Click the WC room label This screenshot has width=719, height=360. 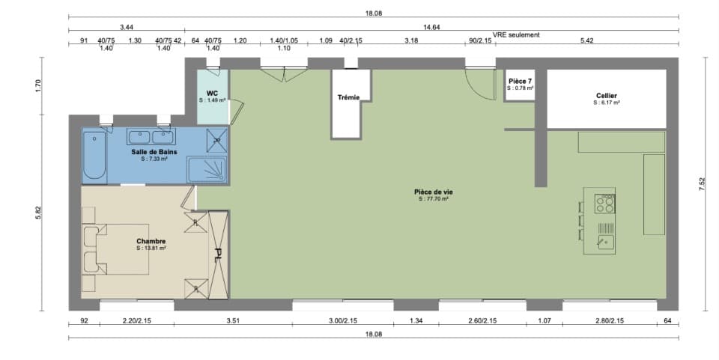pyautogui.click(x=212, y=94)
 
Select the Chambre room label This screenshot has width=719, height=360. pyautogui.click(x=151, y=241)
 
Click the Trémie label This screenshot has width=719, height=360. pyautogui.click(x=348, y=97)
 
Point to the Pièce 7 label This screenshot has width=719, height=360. pyautogui.click(x=520, y=81)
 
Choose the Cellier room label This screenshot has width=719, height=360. pyautogui.click(x=607, y=96)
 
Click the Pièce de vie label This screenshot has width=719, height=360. pyautogui.click(x=433, y=192)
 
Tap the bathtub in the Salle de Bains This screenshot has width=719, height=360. pyautogui.click(x=94, y=156)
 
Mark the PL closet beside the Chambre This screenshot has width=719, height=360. pyautogui.click(x=219, y=254)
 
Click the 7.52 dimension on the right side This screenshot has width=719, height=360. pyautogui.click(x=702, y=184)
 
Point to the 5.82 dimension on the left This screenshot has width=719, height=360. pyautogui.click(x=38, y=213)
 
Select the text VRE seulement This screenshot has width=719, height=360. pyautogui.click(x=516, y=34)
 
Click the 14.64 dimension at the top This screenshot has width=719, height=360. pyautogui.click(x=431, y=27)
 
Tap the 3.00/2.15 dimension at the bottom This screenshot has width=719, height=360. pyautogui.click(x=342, y=321)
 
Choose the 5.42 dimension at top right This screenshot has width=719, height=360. pyautogui.click(x=586, y=41)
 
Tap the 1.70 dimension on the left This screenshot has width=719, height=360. pyautogui.click(x=38, y=85)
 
